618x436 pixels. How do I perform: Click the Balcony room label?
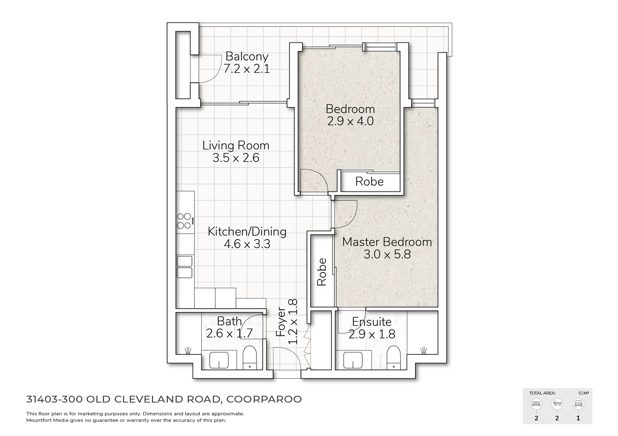[246, 57]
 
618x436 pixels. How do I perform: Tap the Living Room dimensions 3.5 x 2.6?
[236, 158]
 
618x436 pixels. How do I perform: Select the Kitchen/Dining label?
[247, 231]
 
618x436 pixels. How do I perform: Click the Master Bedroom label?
[387, 242]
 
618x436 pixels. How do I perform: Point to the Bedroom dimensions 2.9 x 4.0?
[350, 121]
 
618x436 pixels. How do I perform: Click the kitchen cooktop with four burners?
[184, 221]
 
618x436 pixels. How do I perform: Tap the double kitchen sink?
[185, 267]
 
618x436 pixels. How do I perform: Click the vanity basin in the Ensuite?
[354, 360]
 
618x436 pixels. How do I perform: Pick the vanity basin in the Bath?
[219, 360]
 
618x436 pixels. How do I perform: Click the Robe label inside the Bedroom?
[369, 182]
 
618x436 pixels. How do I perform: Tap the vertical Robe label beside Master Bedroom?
[322, 272]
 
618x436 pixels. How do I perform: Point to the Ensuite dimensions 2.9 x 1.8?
[372, 334]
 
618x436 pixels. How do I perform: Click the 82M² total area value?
[583, 393]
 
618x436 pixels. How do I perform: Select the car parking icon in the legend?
[578, 404]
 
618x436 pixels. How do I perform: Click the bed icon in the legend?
[536, 404]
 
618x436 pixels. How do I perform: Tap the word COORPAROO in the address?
[264, 399]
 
